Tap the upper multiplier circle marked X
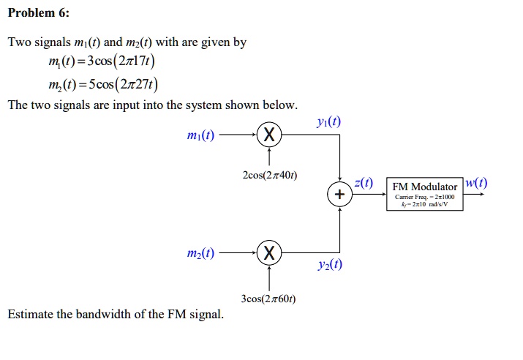[x=270, y=135]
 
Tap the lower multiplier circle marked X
[x=270, y=253]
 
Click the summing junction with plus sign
[x=338, y=195]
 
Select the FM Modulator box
[x=425, y=195]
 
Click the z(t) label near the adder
[x=364, y=183]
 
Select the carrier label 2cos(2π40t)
[x=269, y=176]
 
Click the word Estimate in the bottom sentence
[x=30, y=315]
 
